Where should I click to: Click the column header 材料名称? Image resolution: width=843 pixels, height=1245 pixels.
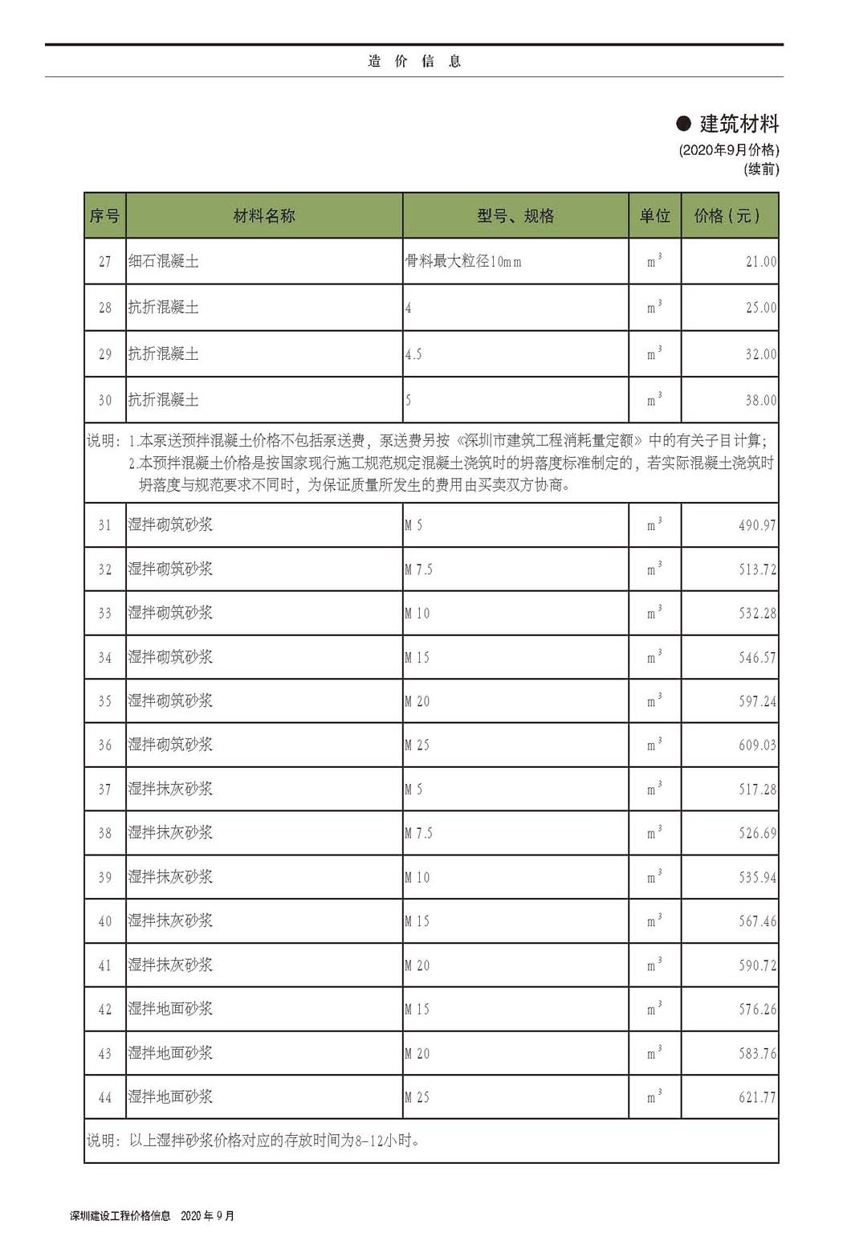click(264, 216)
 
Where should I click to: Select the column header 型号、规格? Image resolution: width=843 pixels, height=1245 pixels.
click(515, 216)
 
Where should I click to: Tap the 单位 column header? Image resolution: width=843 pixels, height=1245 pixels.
click(654, 216)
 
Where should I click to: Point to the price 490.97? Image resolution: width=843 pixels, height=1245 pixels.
click(757, 525)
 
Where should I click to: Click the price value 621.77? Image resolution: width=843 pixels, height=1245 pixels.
click(757, 1097)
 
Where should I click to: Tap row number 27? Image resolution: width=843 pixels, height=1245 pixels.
click(105, 262)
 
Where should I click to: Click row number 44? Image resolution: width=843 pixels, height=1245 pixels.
click(105, 1097)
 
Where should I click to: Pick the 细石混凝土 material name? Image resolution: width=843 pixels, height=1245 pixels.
click(164, 261)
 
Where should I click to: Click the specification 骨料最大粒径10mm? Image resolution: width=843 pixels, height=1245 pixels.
click(464, 261)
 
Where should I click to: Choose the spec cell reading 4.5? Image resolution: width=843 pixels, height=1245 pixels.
click(413, 354)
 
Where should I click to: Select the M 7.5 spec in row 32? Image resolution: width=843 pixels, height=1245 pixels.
click(418, 569)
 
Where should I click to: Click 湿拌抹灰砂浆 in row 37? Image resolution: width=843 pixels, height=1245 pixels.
click(170, 789)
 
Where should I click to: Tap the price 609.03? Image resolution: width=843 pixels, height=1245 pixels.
click(757, 745)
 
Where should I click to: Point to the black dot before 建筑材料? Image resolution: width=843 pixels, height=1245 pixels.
click(684, 124)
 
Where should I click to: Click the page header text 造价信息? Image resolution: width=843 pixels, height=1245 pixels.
click(414, 61)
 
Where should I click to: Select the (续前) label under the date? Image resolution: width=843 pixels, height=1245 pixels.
click(761, 169)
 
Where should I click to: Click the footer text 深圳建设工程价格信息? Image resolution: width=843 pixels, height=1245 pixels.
click(120, 1216)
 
